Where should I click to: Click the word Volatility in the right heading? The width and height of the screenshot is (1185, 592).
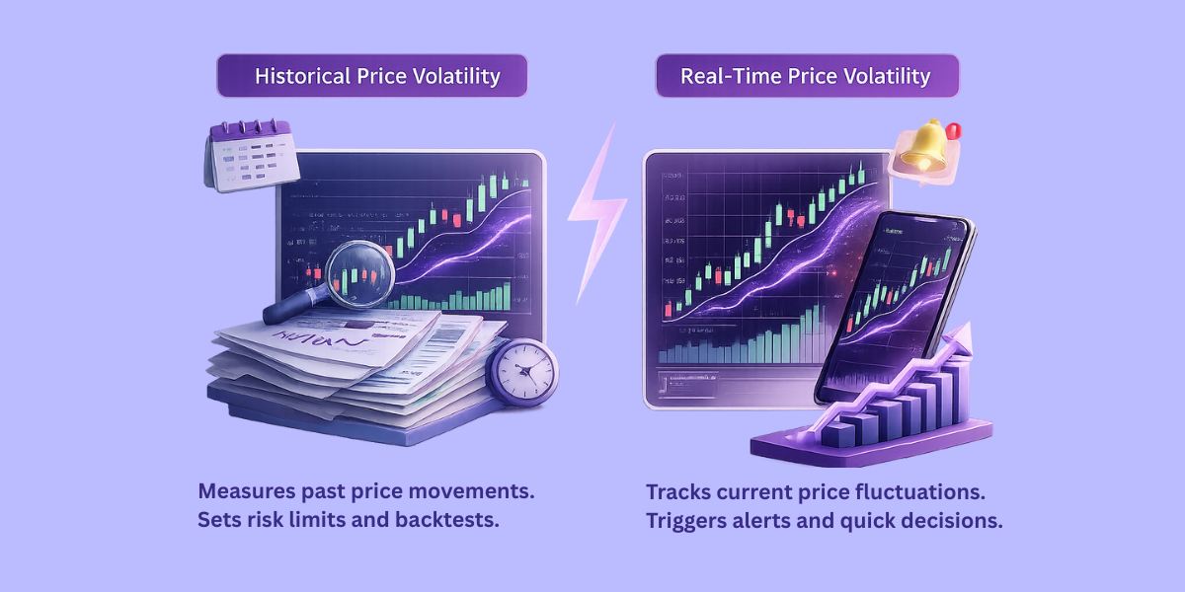point(887,76)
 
